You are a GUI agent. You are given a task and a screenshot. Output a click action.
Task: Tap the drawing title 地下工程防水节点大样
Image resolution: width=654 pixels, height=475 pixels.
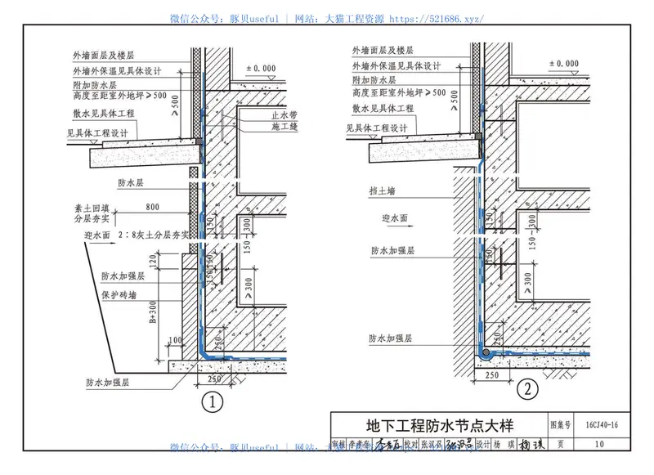(x=434, y=427)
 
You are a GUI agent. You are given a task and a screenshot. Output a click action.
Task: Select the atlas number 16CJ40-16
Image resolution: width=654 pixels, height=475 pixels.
(x=602, y=426)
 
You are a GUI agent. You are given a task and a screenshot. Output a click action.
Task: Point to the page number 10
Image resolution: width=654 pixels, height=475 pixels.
(x=602, y=444)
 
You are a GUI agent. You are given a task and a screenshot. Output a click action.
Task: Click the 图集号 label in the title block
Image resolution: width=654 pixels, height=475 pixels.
(x=560, y=426)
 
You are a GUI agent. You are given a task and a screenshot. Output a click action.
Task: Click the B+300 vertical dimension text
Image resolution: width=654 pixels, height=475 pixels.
(x=152, y=313)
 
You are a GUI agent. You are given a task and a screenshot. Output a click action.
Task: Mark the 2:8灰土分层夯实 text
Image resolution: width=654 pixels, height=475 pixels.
(x=155, y=234)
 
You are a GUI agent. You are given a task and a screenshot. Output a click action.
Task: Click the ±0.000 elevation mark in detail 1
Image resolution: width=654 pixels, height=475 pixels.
(x=262, y=69)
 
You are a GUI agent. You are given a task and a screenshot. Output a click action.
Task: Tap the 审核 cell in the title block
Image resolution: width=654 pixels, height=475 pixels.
(x=339, y=444)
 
